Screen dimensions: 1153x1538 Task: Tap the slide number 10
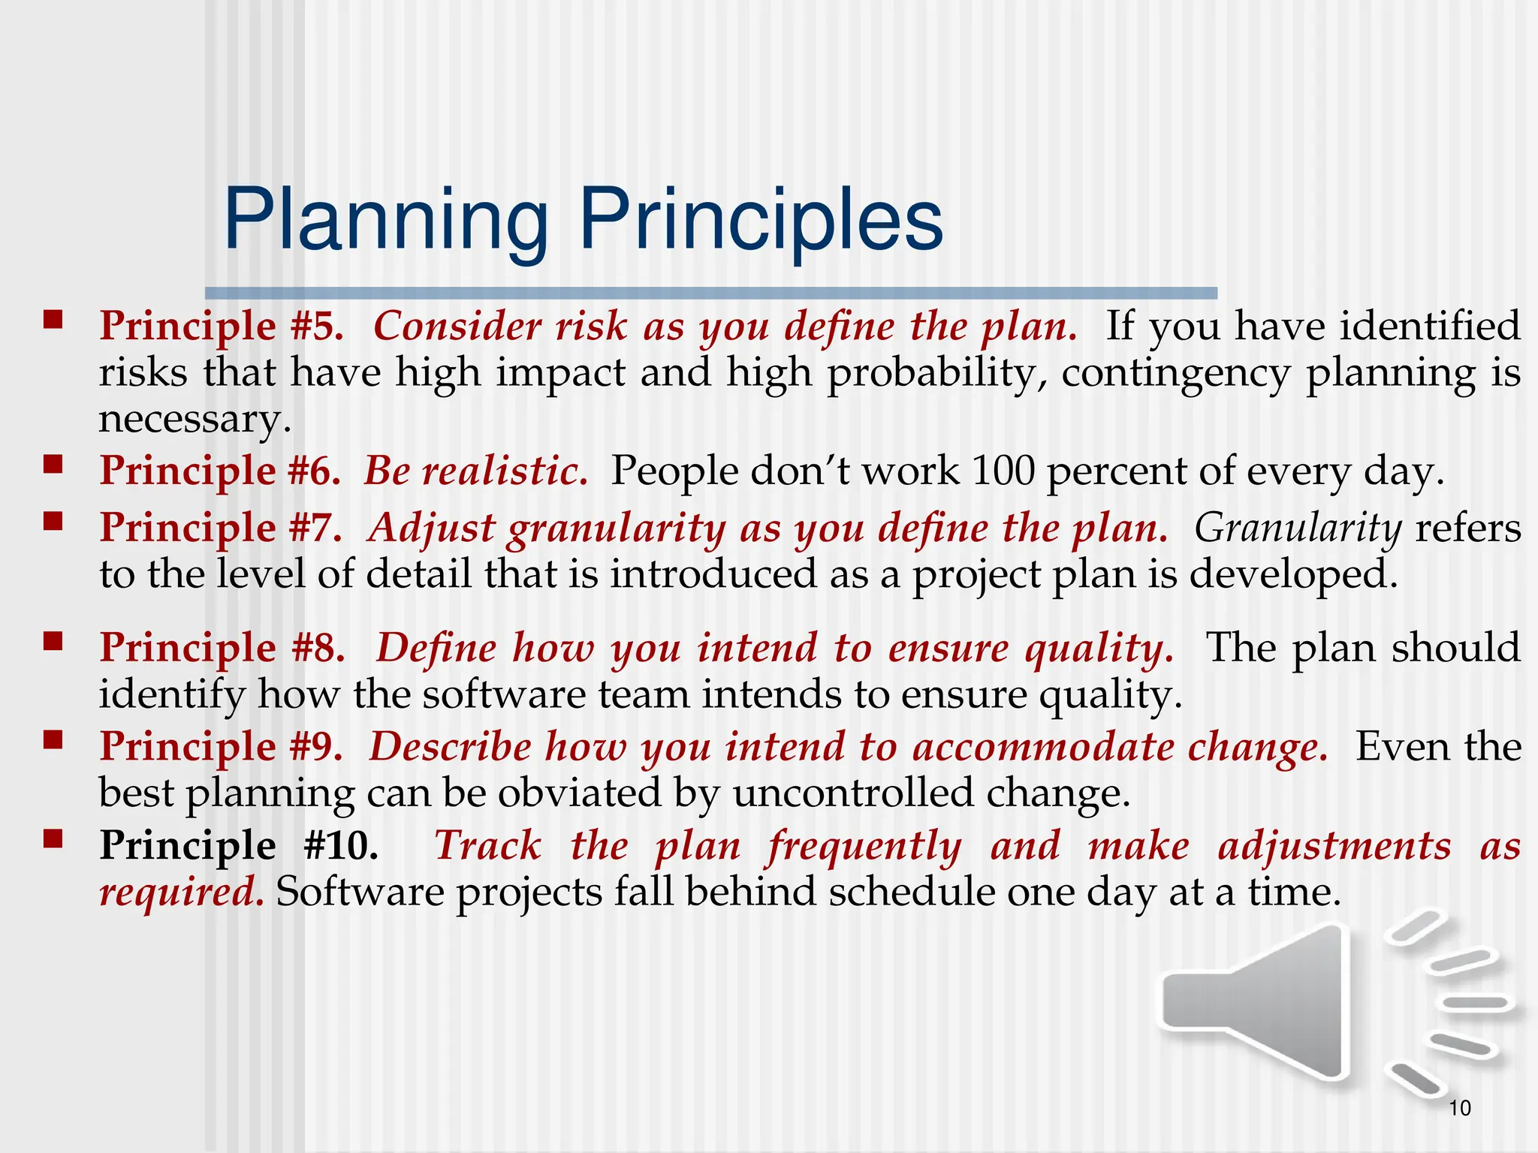pyautogui.click(x=1459, y=1108)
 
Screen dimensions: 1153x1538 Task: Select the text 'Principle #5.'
pyautogui.click(x=222, y=327)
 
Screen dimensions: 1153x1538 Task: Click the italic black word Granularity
pyautogui.click(x=1298, y=528)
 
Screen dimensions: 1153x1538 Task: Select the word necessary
pyautogui.click(x=194, y=419)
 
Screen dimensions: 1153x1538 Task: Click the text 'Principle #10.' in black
pyautogui.click(x=239, y=846)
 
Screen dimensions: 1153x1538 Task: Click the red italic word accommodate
pyautogui.click(x=1043, y=748)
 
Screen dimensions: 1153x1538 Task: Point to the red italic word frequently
pyautogui.click(x=864, y=846)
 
